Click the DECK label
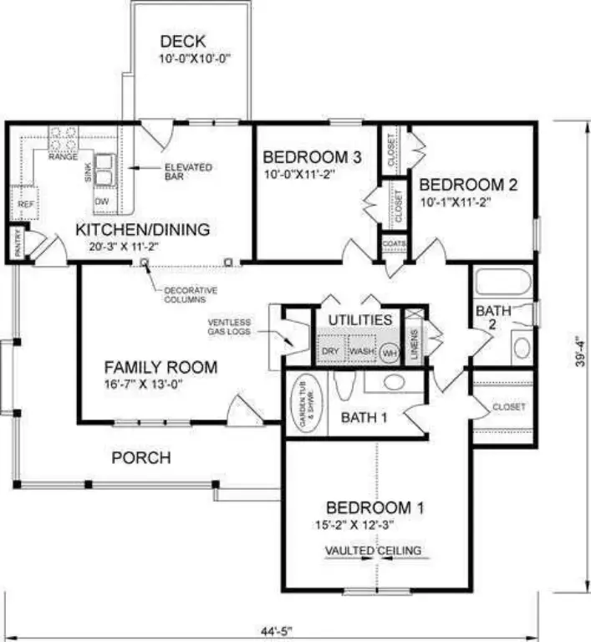[x=181, y=42]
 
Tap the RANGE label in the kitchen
[x=63, y=156]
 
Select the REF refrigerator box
[x=25, y=203]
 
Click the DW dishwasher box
[x=102, y=201]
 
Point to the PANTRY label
[x=16, y=243]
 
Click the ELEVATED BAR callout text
[x=187, y=172]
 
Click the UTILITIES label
[x=359, y=320]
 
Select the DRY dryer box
[x=330, y=351]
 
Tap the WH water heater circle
[x=389, y=353]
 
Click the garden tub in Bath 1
[x=304, y=404]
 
